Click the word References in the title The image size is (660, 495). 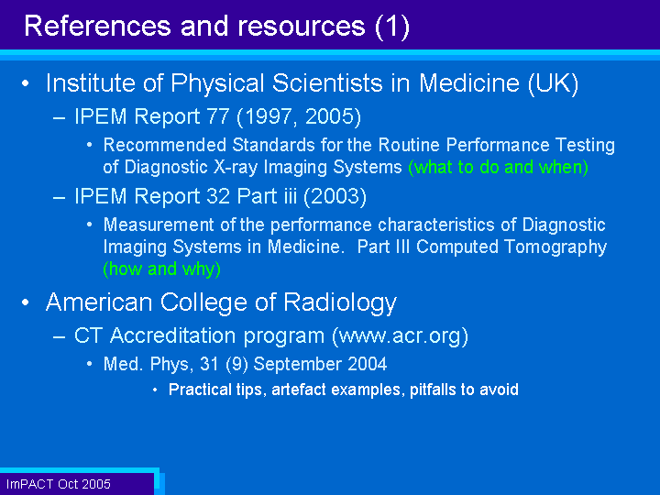[x=98, y=26]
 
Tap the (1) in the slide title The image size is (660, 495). [x=392, y=27]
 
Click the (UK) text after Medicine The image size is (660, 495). [x=554, y=83]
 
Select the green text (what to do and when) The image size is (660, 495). [x=498, y=167]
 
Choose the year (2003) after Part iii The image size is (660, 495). [x=335, y=196]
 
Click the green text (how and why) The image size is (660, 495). [x=162, y=269]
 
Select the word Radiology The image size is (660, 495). [x=340, y=303]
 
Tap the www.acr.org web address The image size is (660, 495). [x=400, y=335]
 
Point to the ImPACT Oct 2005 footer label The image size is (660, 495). [x=59, y=484]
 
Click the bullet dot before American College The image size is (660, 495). [x=26, y=302]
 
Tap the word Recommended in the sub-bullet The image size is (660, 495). [x=165, y=145]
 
